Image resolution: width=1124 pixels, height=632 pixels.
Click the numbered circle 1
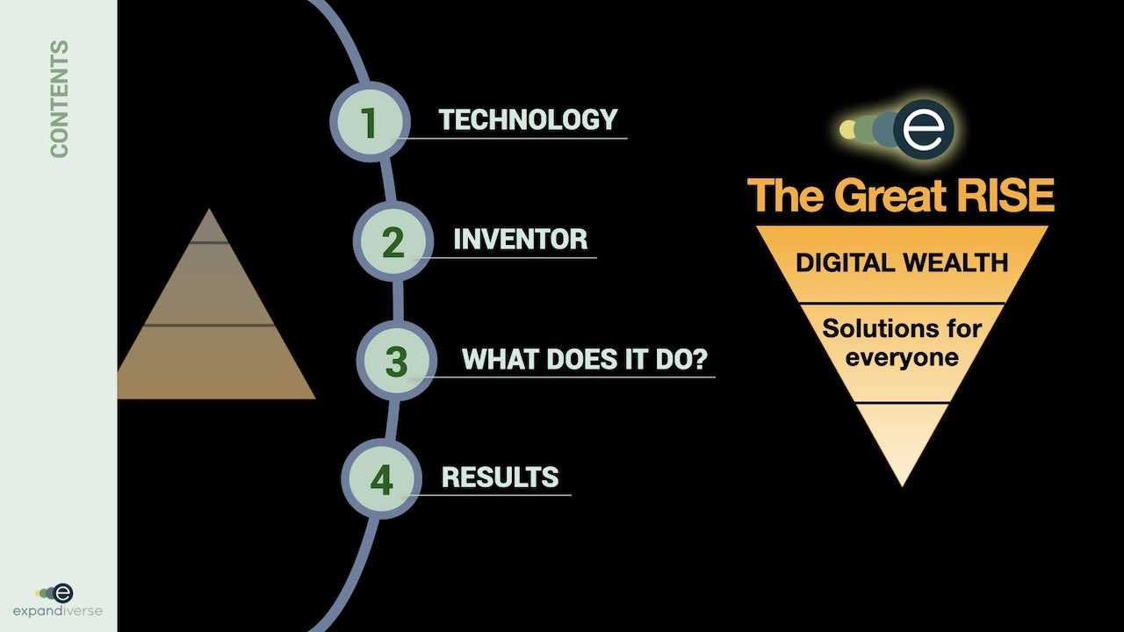click(x=370, y=122)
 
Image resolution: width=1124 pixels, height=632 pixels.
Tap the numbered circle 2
click(x=393, y=241)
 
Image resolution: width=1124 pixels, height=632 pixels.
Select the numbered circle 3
click(x=397, y=361)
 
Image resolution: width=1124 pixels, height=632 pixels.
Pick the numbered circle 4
click(x=381, y=478)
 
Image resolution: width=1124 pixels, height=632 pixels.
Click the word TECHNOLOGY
click(x=528, y=119)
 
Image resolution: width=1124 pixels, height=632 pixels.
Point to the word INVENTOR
click(x=521, y=239)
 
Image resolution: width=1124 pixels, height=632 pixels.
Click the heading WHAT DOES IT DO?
click(x=585, y=359)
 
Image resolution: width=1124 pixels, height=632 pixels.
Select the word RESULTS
click(x=501, y=477)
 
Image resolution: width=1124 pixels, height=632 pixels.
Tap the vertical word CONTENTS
click(x=59, y=99)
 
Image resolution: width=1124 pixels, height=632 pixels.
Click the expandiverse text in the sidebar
click(x=58, y=611)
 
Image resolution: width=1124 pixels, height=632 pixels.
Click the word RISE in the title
click(x=1006, y=195)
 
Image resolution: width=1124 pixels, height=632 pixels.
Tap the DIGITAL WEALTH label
click(x=902, y=262)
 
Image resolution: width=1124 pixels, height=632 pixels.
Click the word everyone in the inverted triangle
click(x=902, y=358)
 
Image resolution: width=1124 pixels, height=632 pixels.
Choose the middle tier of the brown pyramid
click(x=209, y=284)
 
